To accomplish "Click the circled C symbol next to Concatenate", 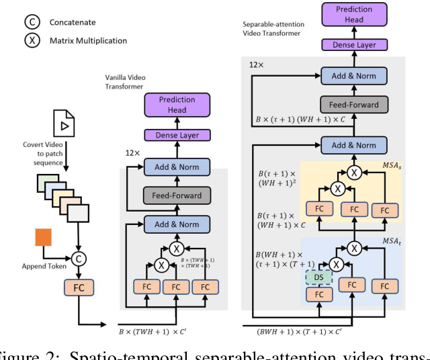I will click(30, 23).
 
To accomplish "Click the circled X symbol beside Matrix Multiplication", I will click(30, 40).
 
